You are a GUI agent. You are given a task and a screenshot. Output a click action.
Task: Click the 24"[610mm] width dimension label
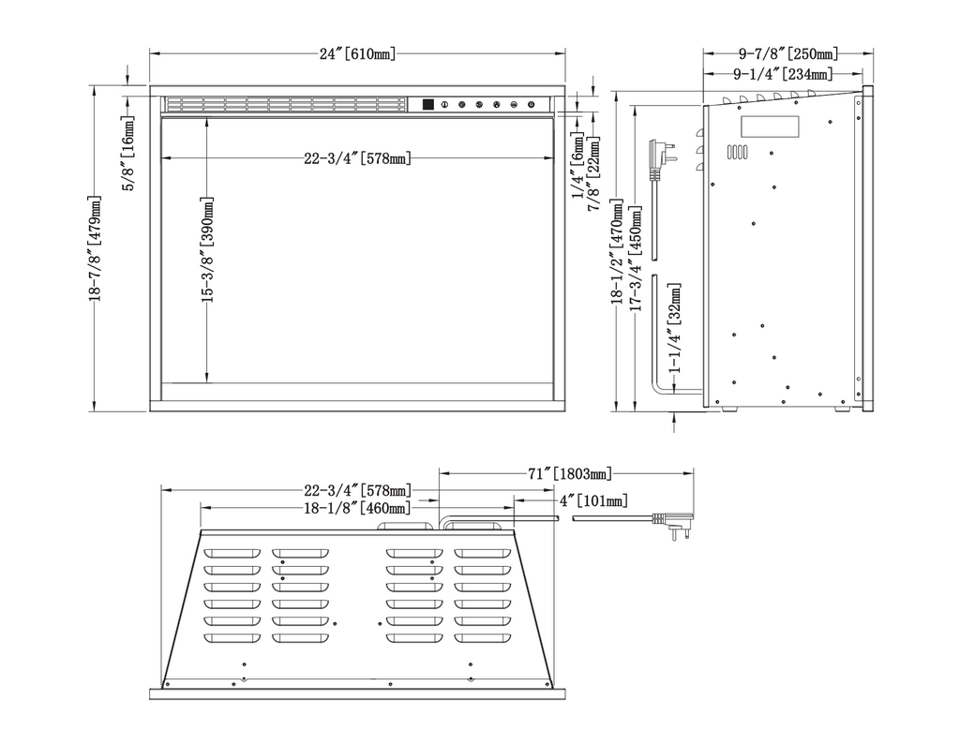(x=357, y=53)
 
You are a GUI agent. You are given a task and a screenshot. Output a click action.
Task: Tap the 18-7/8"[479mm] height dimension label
(x=95, y=248)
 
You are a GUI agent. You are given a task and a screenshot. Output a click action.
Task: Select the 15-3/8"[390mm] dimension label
(x=208, y=250)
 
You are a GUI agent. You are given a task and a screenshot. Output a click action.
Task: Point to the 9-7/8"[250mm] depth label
(x=787, y=53)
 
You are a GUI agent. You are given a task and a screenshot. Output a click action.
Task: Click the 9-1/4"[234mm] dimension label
(x=783, y=74)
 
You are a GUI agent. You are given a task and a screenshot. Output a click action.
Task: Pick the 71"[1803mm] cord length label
(x=570, y=473)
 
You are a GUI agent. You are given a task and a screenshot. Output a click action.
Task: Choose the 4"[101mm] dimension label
(x=593, y=500)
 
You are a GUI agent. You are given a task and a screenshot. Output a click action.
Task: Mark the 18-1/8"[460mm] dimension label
(x=357, y=508)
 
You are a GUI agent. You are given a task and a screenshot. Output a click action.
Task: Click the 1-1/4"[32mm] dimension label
(x=675, y=328)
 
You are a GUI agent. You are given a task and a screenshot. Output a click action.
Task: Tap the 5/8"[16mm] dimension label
(x=128, y=153)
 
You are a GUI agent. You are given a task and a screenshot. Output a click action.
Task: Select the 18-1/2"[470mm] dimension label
(x=618, y=251)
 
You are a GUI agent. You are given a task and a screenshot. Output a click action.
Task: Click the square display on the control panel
(x=427, y=105)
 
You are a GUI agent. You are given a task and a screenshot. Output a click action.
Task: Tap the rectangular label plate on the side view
(x=771, y=127)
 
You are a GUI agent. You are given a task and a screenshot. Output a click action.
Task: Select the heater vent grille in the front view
(x=286, y=104)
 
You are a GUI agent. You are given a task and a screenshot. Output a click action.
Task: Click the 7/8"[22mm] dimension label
(x=593, y=173)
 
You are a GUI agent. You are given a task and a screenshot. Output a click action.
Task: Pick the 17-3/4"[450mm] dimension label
(x=637, y=258)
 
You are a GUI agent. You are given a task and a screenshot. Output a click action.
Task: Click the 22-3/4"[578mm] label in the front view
(x=357, y=158)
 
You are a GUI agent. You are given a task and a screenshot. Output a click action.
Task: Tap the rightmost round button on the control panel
(x=531, y=105)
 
